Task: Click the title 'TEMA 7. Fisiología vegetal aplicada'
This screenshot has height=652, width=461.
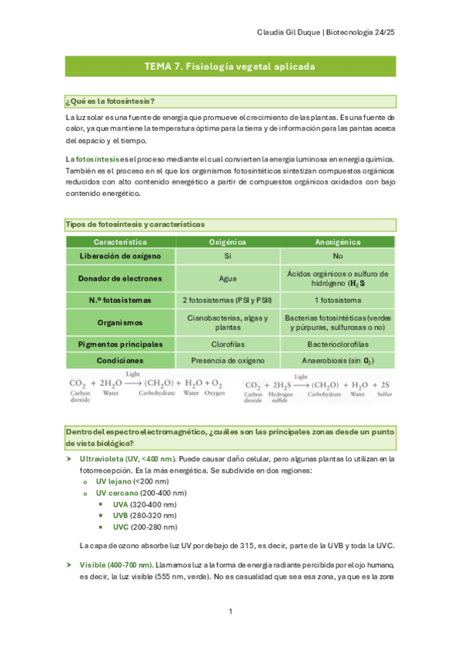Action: coord(229,67)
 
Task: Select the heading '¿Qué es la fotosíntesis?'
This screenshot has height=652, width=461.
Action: coord(111,101)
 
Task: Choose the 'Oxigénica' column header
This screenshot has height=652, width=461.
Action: coord(228,241)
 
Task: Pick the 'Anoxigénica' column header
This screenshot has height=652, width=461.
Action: coord(337,241)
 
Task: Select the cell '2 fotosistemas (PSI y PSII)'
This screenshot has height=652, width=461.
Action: coord(228,300)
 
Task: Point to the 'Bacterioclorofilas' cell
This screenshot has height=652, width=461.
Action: coord(337,344)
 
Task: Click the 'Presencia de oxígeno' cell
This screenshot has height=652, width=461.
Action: coord(228,360)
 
